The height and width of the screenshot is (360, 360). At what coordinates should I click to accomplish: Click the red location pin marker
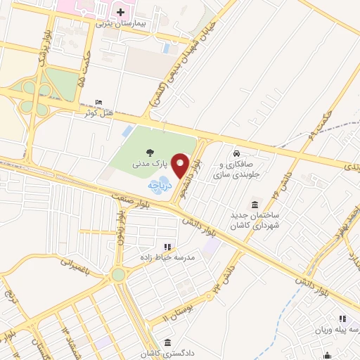[x=181, y=166]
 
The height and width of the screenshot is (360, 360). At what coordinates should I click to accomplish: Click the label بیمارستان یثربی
[x=120, y=23]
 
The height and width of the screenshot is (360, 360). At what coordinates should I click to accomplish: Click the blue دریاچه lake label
[x=155, y=185]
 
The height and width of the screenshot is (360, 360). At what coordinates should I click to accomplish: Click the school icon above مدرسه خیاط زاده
[x=167, y=247]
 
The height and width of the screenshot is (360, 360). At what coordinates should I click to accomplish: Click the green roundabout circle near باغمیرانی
[x=117, y=274]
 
